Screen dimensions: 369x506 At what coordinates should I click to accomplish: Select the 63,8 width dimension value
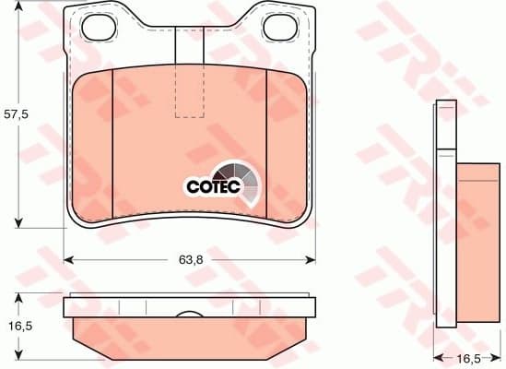pyautogui.click(x=189, y=259)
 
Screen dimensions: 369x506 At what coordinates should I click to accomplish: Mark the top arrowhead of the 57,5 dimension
pyautogui.click(x=17, y=12)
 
